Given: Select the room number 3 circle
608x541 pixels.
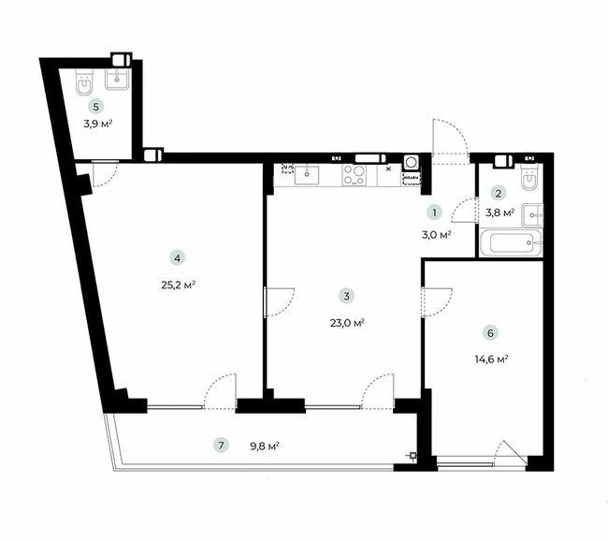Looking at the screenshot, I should click(346, 296).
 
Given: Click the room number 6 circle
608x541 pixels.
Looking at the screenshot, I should click(489, 331).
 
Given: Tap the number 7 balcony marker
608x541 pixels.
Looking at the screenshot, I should click(220, 445).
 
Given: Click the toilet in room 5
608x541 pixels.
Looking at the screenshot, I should click(84, 82).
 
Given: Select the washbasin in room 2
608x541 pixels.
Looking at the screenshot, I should click(533, 213).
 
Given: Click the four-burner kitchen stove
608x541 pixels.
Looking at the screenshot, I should click(355, 173).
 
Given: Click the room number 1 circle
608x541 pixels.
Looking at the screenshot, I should click(434, 212).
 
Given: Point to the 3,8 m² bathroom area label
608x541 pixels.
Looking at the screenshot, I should click(500, 213).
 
